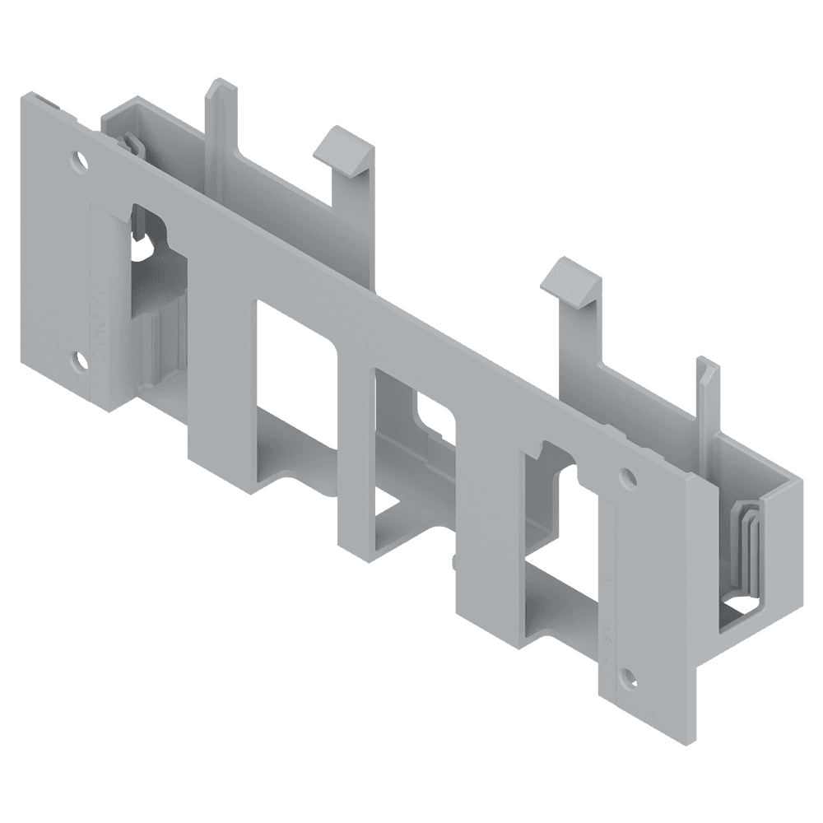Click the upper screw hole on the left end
(79, 159)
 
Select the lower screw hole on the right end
(629, 677)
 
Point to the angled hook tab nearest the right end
(571, 281)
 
